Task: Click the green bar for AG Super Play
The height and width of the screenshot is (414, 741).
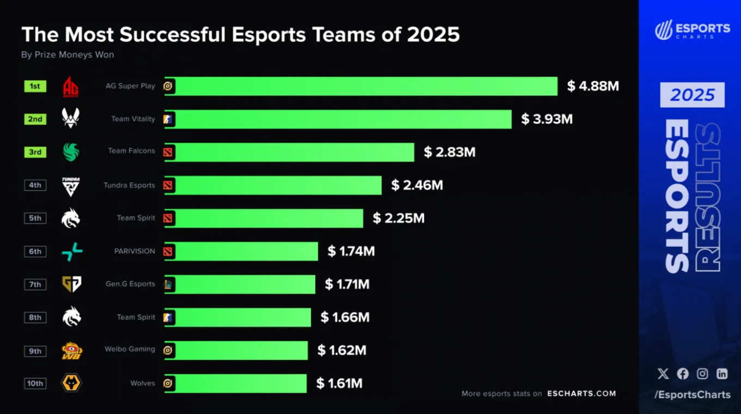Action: pos(361,86)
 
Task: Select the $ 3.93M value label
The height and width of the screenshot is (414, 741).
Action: pos(547,119)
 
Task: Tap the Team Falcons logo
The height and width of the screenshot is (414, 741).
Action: pos(71,152)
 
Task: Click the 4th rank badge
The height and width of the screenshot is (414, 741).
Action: pos(35,185)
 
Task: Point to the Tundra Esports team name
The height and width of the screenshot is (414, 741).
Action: pos(129,185)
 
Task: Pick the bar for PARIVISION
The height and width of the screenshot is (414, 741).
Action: pos(241,251)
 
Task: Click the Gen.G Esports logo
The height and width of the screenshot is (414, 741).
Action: pos(72,284)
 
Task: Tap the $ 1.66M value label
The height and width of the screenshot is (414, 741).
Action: pos(345,318)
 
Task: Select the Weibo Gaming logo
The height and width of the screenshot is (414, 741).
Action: pos(72,350)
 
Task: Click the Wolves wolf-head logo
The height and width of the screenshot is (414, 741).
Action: pos(71,383)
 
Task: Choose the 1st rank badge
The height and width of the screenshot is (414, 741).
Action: pos(35,86)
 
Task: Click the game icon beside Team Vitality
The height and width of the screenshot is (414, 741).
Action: pos(168,119)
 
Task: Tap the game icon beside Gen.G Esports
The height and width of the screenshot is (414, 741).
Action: pos(168,284)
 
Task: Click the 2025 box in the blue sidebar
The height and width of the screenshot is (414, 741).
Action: pos(693,95)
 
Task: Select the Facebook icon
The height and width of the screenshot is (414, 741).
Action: pos(683,374)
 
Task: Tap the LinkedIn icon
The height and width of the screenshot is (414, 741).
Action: pos(722,374)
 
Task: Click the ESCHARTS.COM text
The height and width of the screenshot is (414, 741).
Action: pos(581,393)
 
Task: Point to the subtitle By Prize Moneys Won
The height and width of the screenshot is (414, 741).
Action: pos(68,54)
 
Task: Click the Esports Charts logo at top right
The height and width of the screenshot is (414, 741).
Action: pos(693,30)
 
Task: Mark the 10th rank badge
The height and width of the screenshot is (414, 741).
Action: pos(35,383)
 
